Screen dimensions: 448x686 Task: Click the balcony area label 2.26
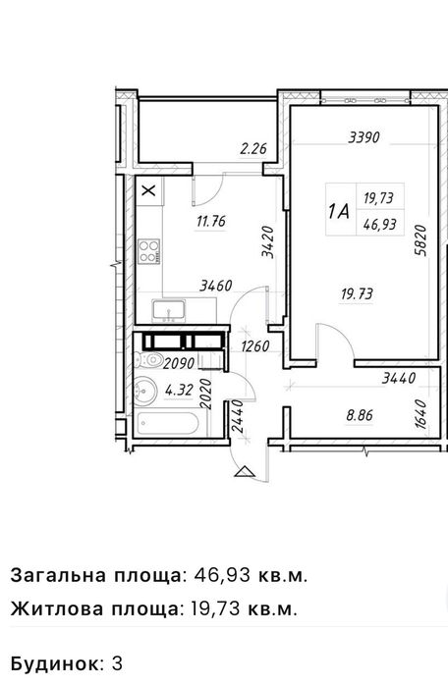point(253,149)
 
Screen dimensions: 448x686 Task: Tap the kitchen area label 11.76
point(211,221)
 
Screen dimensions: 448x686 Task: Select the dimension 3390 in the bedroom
point(364,137)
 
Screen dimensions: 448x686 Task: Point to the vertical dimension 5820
point(420,240)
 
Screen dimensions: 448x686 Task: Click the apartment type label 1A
point(339,212)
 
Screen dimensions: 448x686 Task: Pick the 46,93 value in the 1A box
point(380,225)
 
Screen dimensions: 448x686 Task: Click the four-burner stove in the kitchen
point(149,251)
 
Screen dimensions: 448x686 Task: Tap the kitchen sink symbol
point(169,311)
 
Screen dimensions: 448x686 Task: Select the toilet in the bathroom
point(148,360)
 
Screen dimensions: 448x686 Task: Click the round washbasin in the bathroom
point(145,391)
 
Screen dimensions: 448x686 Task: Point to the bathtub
point(166,424)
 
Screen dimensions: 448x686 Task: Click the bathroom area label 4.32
point(179,390)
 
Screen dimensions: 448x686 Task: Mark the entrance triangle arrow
point(244,472)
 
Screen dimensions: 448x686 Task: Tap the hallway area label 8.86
point(360,415)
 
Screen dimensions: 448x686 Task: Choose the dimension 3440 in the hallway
point(398,378)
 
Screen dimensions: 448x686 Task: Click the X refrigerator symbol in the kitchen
point(149,190)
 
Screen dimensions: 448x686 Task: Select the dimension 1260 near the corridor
point(255,346)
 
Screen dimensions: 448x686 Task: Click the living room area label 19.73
point(357,293)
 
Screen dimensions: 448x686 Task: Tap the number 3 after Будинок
point(117,663)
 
